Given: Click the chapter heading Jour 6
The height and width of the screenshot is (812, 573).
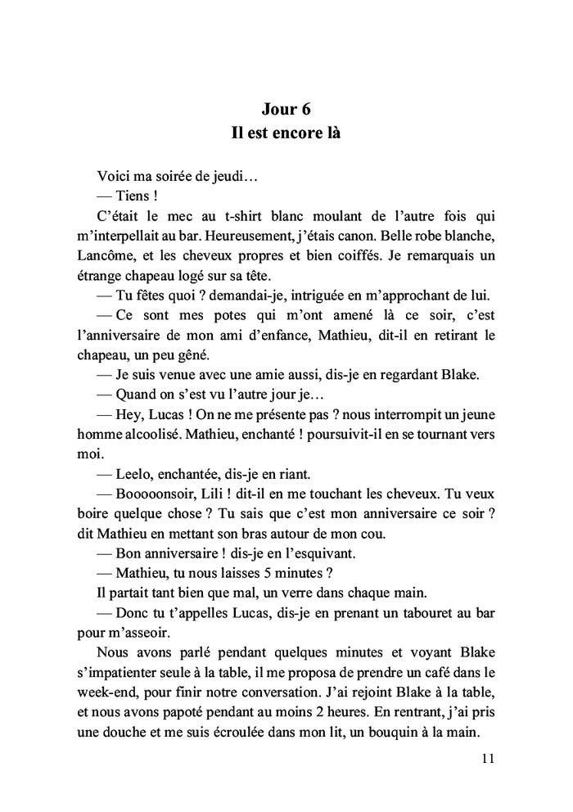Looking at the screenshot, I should pos(286,110).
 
